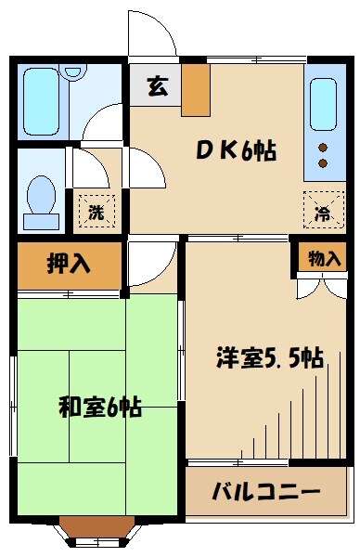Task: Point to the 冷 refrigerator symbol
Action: (320, 212)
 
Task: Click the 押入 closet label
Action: (69, 264)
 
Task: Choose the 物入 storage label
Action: (324, 259)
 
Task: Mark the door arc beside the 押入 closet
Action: (149, 265)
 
